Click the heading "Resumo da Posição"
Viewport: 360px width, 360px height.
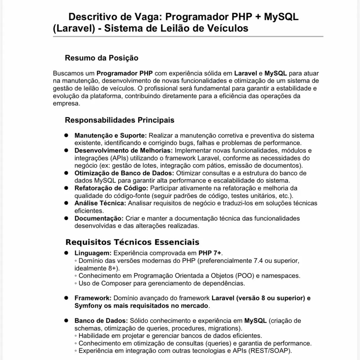[x=102, y=58]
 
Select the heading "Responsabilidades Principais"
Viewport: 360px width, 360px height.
[x=120, y=120]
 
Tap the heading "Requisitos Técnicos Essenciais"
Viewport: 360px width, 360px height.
[x=132, y=242]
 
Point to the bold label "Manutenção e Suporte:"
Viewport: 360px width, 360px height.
[x=111, y=136]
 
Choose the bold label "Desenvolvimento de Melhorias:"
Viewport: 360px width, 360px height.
[x=123, y=150]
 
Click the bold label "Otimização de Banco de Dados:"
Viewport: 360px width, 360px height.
[x=124, y=173]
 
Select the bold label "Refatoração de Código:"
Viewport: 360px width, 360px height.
[x=111, y=188]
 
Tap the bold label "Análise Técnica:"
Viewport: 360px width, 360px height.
[x=100, y=203]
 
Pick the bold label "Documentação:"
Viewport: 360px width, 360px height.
[x=99, y=218]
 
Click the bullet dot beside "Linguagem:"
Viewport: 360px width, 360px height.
[x=66, y=253]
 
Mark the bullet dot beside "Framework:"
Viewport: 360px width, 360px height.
[x=66, y=298]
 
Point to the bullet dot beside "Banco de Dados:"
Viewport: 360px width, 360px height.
[x=66, y=320]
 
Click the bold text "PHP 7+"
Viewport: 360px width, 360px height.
[x=210, y=253]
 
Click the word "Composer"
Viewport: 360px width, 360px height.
[x=116, y=283]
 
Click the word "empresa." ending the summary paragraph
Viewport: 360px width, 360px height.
[x=66, y=103]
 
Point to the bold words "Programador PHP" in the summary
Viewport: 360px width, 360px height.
[x=125, y=73]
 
